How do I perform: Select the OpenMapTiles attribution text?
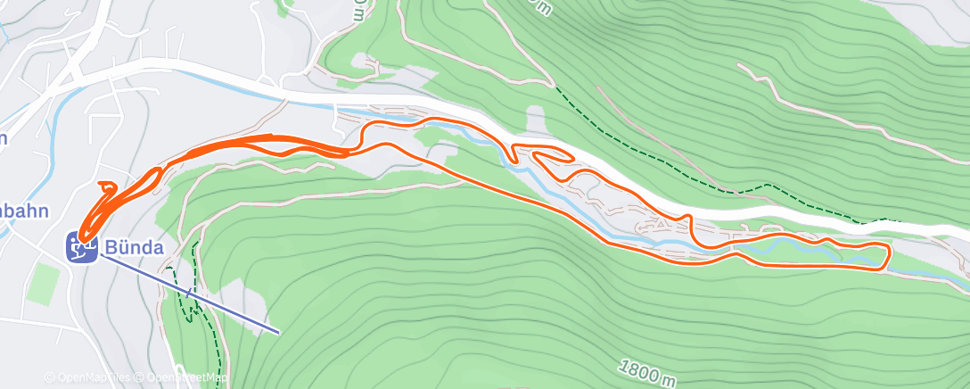(x=92, y=378)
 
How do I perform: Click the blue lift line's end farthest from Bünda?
(x=279, y=332)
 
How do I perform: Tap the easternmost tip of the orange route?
(x=889, y=254)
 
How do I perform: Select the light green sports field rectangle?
(x=43, y=284)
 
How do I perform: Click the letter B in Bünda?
(x=112, y=247)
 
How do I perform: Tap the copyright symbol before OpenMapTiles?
(x=49, y=378)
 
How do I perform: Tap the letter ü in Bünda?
(x=125, y=247)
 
